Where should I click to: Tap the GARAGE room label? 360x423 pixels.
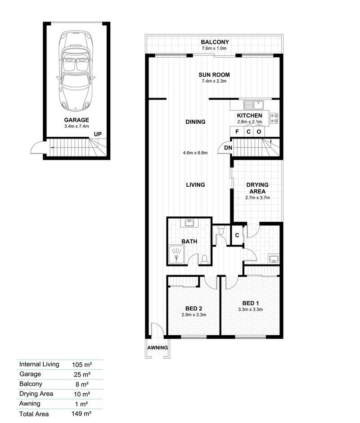pyautogui.click(x=76, y=120)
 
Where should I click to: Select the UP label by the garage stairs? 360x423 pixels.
pyautogui.click(x=98, y=135)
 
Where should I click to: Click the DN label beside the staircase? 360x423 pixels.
pyautogui.click(x=228, y=148)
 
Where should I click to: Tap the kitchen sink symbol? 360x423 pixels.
pyautogui.click(x=253, y=105)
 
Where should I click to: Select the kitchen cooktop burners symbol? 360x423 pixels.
pyautogui.click(x=274, y=118)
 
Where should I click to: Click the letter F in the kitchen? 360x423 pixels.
pyautogui.click(x=237, y=132)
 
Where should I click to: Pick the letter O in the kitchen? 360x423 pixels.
pyautogui.click(x=259, y=132)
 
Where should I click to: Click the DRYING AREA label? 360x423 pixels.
pyautogui.click(x=257, y=188)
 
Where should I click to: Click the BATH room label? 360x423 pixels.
pyautogui.click(x=189, y=241)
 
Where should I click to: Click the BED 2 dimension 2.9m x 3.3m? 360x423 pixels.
pyautogui.click(x=194, y=315)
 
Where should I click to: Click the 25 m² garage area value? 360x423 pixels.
pyautogui.click(x=81, y=374)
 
